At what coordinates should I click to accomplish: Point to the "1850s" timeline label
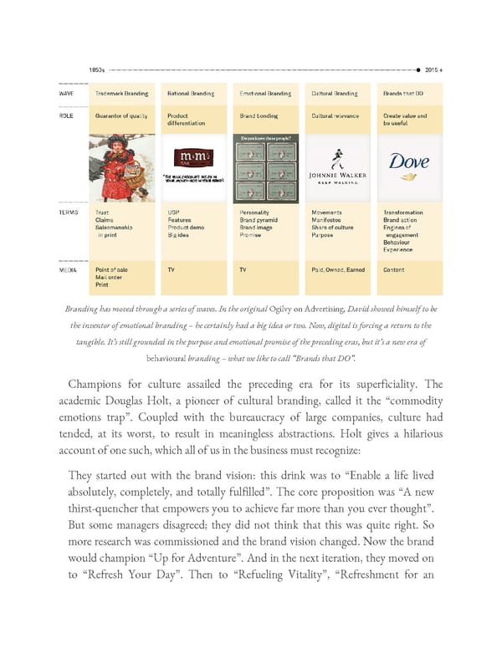(97, 69)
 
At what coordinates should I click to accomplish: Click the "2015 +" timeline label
(434, 69)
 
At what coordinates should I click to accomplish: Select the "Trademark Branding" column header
(120, 94)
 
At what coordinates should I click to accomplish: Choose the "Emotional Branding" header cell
(265, 94)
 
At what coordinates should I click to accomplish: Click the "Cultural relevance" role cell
(335, 116)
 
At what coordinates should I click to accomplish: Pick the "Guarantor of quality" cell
(122, 116)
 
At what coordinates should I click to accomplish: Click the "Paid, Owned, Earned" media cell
(338, 270)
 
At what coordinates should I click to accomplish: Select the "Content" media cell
(393, 270)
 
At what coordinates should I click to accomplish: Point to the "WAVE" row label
(66, 94)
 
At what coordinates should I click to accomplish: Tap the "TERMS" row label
(69, 213)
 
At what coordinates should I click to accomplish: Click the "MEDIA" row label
(68, 270)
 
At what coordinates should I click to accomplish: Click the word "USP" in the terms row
(173, 213)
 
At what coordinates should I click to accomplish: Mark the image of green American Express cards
(264, 168)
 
